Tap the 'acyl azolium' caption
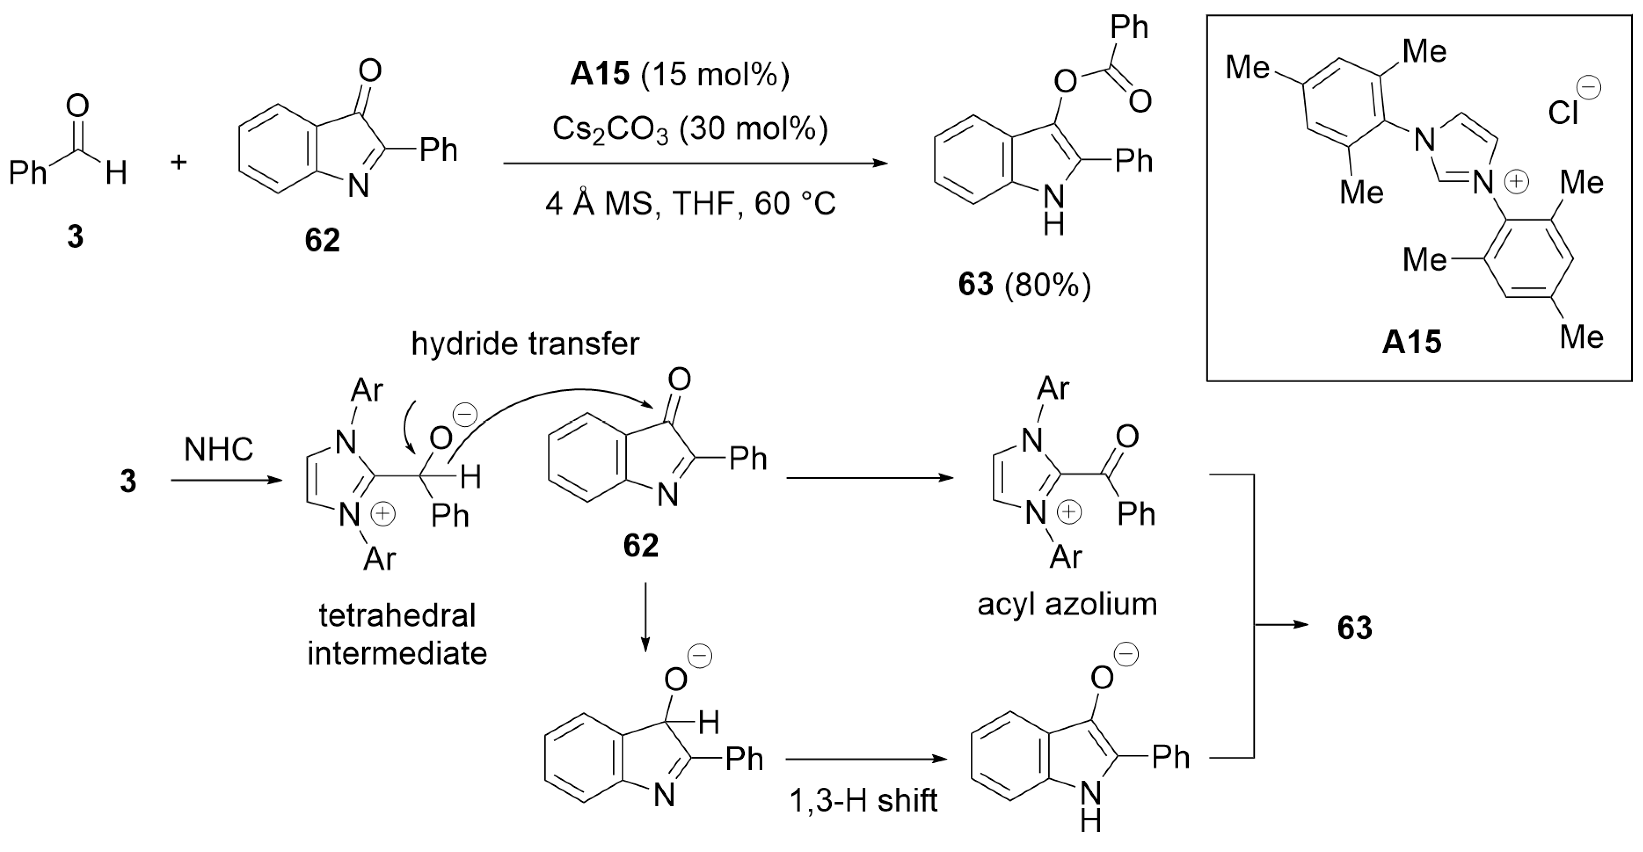1067,604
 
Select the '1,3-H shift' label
863,800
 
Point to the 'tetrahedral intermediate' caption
397,634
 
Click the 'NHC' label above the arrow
219,450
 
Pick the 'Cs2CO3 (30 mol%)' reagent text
690,130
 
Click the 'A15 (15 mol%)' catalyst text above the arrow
680,75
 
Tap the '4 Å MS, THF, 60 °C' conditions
690,204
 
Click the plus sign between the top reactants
179,162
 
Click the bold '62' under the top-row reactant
322,241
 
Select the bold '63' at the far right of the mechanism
1355,628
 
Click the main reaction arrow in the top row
695,163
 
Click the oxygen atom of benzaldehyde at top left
77,106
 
